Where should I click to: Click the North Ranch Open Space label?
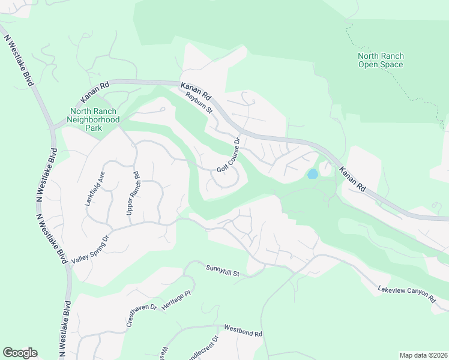(381, 60)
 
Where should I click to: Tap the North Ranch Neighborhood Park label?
(94, 119)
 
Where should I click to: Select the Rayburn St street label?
(199, 102)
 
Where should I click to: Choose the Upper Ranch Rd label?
(133, 194)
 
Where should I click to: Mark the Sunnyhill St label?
(223, 271)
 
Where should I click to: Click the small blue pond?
(312, 174)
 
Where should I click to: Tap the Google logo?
(20, 353)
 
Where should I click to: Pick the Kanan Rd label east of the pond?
(352, 179)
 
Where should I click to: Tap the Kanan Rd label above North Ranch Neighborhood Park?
(97, 94)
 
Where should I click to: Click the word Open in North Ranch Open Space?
(368, 64)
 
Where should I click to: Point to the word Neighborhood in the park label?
(94, 119)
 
